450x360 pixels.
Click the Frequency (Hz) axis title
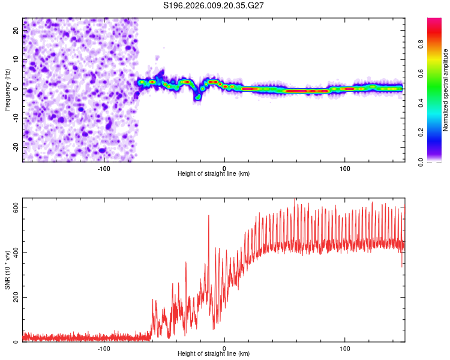click(7, 90)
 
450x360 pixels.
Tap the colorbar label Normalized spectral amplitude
click(446, 90)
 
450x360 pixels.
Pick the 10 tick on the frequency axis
click(16, 59)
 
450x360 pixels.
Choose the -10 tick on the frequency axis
click(16, 118)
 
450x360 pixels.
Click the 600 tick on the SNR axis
click(16, 208)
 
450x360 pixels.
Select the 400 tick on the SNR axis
click(16, 253)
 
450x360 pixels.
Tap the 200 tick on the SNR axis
click(16, 298)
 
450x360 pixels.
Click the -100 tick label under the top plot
click(104, 169)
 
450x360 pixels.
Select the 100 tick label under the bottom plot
click(345, 349)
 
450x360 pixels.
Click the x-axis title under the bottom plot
click(214, 354)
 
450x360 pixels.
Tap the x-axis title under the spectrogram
click(214, 174)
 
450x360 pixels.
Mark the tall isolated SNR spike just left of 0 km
click(209, 216)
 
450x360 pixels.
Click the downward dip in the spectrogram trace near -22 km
click(197, 97)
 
